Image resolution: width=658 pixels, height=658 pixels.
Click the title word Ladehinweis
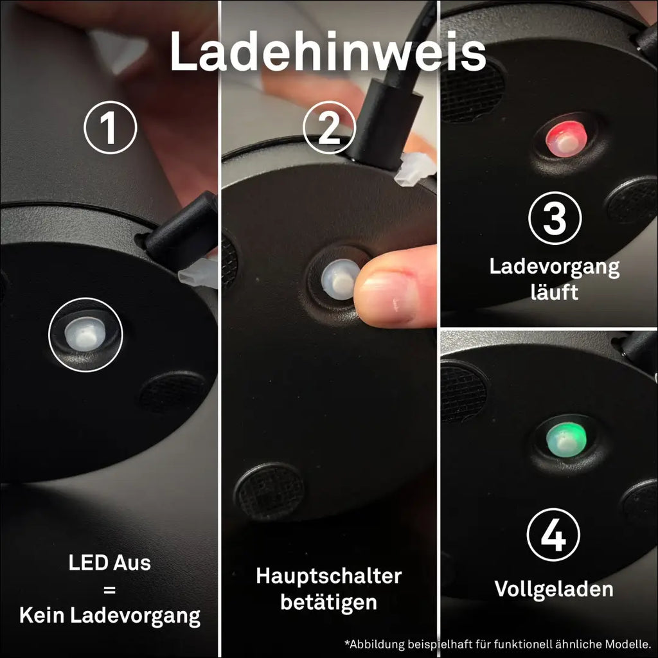[x=328, y=51]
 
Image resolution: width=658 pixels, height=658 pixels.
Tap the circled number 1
[x=111, y=127]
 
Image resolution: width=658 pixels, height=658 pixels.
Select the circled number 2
[x=330, y=127]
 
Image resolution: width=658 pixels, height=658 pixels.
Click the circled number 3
[x=555, y=218]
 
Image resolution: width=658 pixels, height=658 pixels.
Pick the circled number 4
[x=553, y=535]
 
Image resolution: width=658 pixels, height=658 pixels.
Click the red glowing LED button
[x=566, y=138]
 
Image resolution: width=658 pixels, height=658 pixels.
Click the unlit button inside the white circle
[x=85, y=334]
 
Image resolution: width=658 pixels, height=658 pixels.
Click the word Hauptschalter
[x=329, y=576]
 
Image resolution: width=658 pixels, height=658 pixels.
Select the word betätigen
[x=329, y=602]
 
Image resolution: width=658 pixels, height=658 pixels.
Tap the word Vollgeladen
[x=554, y=590]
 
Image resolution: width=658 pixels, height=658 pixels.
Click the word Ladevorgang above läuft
[x=555, y=267]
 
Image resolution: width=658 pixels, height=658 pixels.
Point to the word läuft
[x=555, y=292]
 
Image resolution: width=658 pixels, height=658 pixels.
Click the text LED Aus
[x=109, y=563]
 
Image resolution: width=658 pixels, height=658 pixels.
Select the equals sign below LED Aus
[x=109, y=590]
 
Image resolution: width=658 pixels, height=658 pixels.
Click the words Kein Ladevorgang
[x=110, y=616]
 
